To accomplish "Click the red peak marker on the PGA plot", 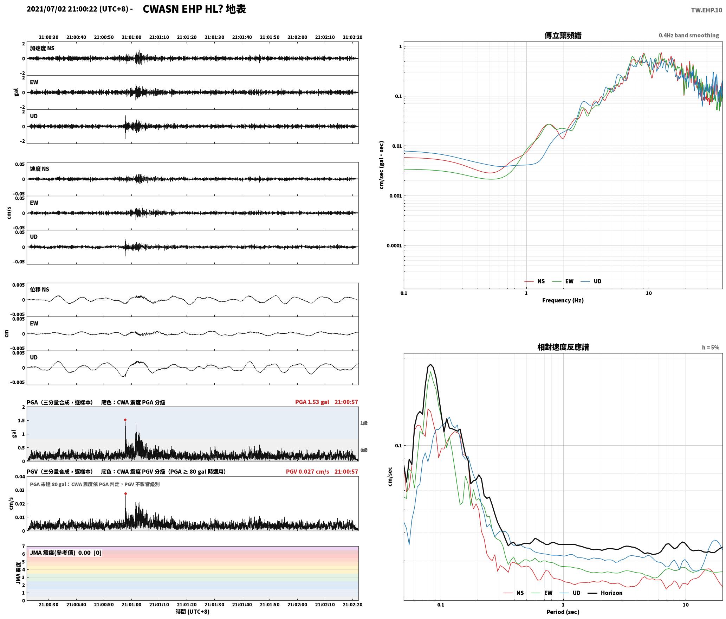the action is (125, 420).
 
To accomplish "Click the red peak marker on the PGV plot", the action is (125, 493).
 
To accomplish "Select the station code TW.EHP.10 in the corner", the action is (706, 10).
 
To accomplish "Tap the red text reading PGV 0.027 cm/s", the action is (307, 472).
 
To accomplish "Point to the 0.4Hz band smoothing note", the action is (689, 35).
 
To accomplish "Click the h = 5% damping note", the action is (711, 347).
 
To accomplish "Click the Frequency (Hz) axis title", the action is (563, 300).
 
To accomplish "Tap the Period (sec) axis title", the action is (563, 612).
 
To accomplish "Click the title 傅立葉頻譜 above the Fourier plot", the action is (563, 35).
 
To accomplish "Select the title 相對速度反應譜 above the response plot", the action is (563, 347).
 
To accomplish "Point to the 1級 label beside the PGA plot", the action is (364, 423).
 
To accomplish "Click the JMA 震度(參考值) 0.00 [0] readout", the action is (66, 553).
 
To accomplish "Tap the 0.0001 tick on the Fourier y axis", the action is (394, 245).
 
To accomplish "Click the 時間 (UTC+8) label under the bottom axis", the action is (193, 612).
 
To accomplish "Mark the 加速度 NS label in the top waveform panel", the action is (42, 48).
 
